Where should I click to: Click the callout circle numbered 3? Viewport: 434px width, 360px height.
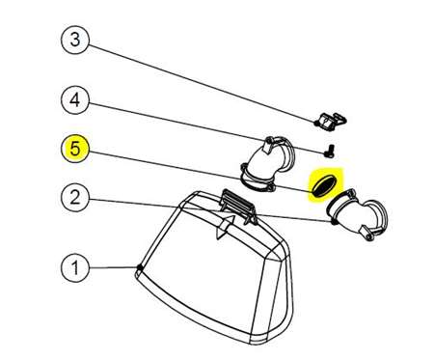[x=74, y=41]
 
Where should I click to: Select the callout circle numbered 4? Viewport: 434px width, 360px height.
[x=74, y=99]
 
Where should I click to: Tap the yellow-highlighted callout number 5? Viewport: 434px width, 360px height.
[x=74, y=149]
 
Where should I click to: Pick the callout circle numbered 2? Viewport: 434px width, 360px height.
[x=74, y=197]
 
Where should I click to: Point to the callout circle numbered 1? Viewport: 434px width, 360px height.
[x=74, y=267]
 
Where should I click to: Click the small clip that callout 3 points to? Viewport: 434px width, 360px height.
[x=331, y=122]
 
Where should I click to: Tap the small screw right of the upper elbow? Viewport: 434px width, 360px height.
[x=330, y=152]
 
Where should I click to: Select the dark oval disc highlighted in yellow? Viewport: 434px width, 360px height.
[x=324, y=185]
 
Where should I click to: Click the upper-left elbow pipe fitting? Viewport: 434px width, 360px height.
[x=267, y=164]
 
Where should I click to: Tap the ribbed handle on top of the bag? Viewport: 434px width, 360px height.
[x=238, y=205]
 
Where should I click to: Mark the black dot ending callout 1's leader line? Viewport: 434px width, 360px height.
[x=140, y=267]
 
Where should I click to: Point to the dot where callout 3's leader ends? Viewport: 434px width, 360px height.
[x=316, y=123]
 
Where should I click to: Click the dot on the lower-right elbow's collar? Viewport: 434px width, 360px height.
[x=334, y=221]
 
